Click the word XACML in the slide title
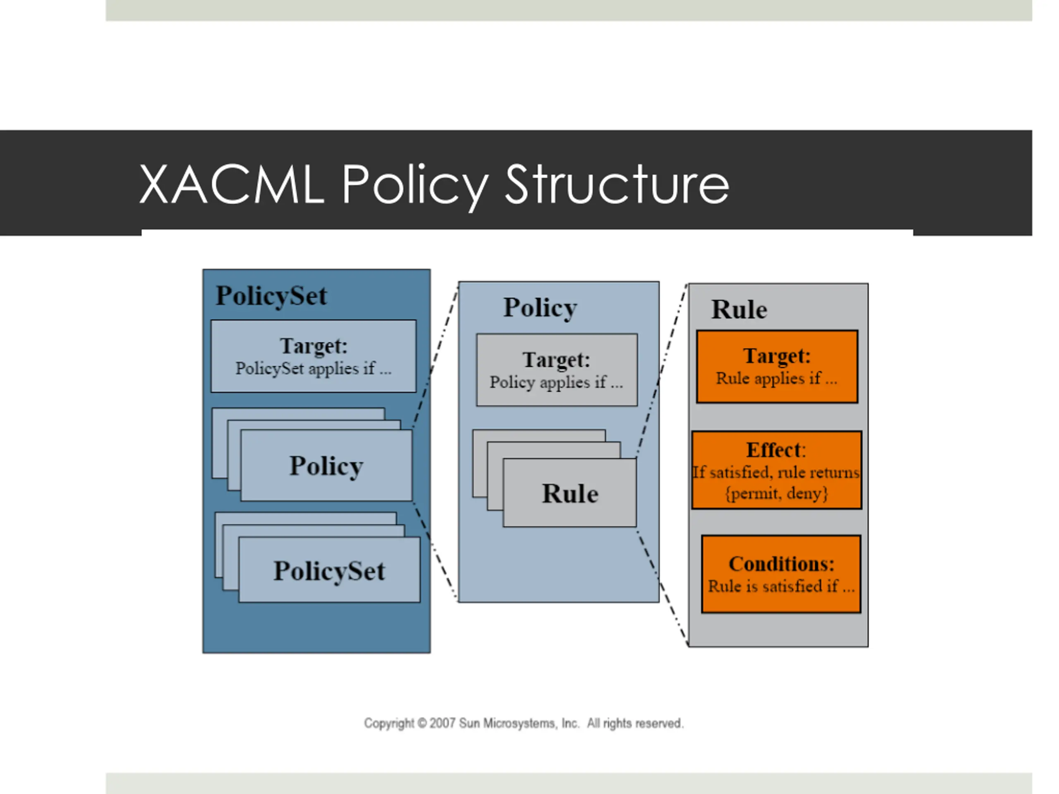pyautogui.click(x=231, y=185)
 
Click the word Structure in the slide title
pyautogui.click(x=617, y=184)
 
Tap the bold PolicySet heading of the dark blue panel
pyautogui.click(x=271, y=295)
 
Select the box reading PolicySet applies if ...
pyautogui.click(x=314, y=356)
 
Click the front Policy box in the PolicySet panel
pyautogui.click(x=326, y=465)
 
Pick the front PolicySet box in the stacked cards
pyautogui.click(x=329, y=569)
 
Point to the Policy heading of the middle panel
pyautogui.click(x=540, y=308)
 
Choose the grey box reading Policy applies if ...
pyautogui.click(x=557, y=370)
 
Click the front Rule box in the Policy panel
pyautogui.click(x=570, y=493)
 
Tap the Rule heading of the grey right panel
pyautogui.click(x=739, y=309)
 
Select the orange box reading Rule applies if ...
pyautogui.click(x=777, y=367)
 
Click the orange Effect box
pyautogui.click(x=776, y=470)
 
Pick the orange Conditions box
pyautogui.click(x=781, y=574)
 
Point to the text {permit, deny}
pyautogui.click(x=776, y=493)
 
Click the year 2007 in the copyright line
pyautogui.click(x=442, y=723)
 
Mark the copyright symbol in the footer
pyautogui.click(x=422, y=723)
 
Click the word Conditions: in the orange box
pyautogui.click(x=781, y=564)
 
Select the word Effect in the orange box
pyautogui.click(x=774, y=450)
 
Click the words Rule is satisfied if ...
pyautogui.click(x=773, y=586)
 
